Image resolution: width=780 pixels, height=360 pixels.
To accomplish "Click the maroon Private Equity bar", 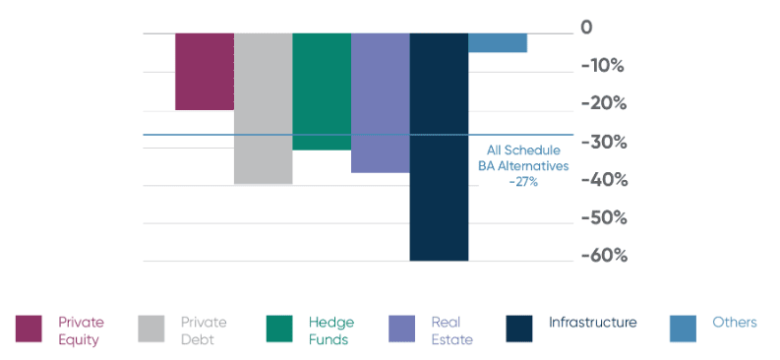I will coord(205,71).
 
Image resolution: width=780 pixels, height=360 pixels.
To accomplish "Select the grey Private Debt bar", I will coord(263,108).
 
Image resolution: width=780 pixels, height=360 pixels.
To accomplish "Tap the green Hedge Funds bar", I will coord(322,91).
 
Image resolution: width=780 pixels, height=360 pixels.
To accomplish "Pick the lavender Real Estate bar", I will coord(380,102).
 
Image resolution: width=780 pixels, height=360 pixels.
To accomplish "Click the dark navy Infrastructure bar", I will coord(439,147).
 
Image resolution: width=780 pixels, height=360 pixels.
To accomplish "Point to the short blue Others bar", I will coord(497,42).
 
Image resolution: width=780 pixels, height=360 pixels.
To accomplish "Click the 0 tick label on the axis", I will coord(586,28).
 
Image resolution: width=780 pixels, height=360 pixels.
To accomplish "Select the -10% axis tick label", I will coord(602,66).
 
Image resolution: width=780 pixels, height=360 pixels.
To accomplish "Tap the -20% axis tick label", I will coord(602,104).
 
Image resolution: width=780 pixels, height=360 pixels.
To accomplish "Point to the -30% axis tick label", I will coord(602,143).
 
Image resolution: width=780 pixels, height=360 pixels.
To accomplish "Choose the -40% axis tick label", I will coord(602,180).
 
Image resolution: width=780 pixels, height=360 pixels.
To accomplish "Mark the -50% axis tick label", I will coord(602,218).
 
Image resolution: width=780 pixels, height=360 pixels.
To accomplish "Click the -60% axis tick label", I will coord(602,256).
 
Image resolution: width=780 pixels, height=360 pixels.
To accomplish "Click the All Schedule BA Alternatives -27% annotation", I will coord(523,166).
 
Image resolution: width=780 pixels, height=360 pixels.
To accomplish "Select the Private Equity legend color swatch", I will coord(29,330).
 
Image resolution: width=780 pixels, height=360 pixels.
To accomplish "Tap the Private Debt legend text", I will coord(204,330).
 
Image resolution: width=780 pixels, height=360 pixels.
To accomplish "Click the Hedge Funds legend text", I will coord(330,330).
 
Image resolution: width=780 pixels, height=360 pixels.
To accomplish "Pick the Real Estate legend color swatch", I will coord(404,330).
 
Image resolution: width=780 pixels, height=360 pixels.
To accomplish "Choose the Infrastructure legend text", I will coord(592,323).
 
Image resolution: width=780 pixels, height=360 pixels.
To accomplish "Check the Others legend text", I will coord(735,323).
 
